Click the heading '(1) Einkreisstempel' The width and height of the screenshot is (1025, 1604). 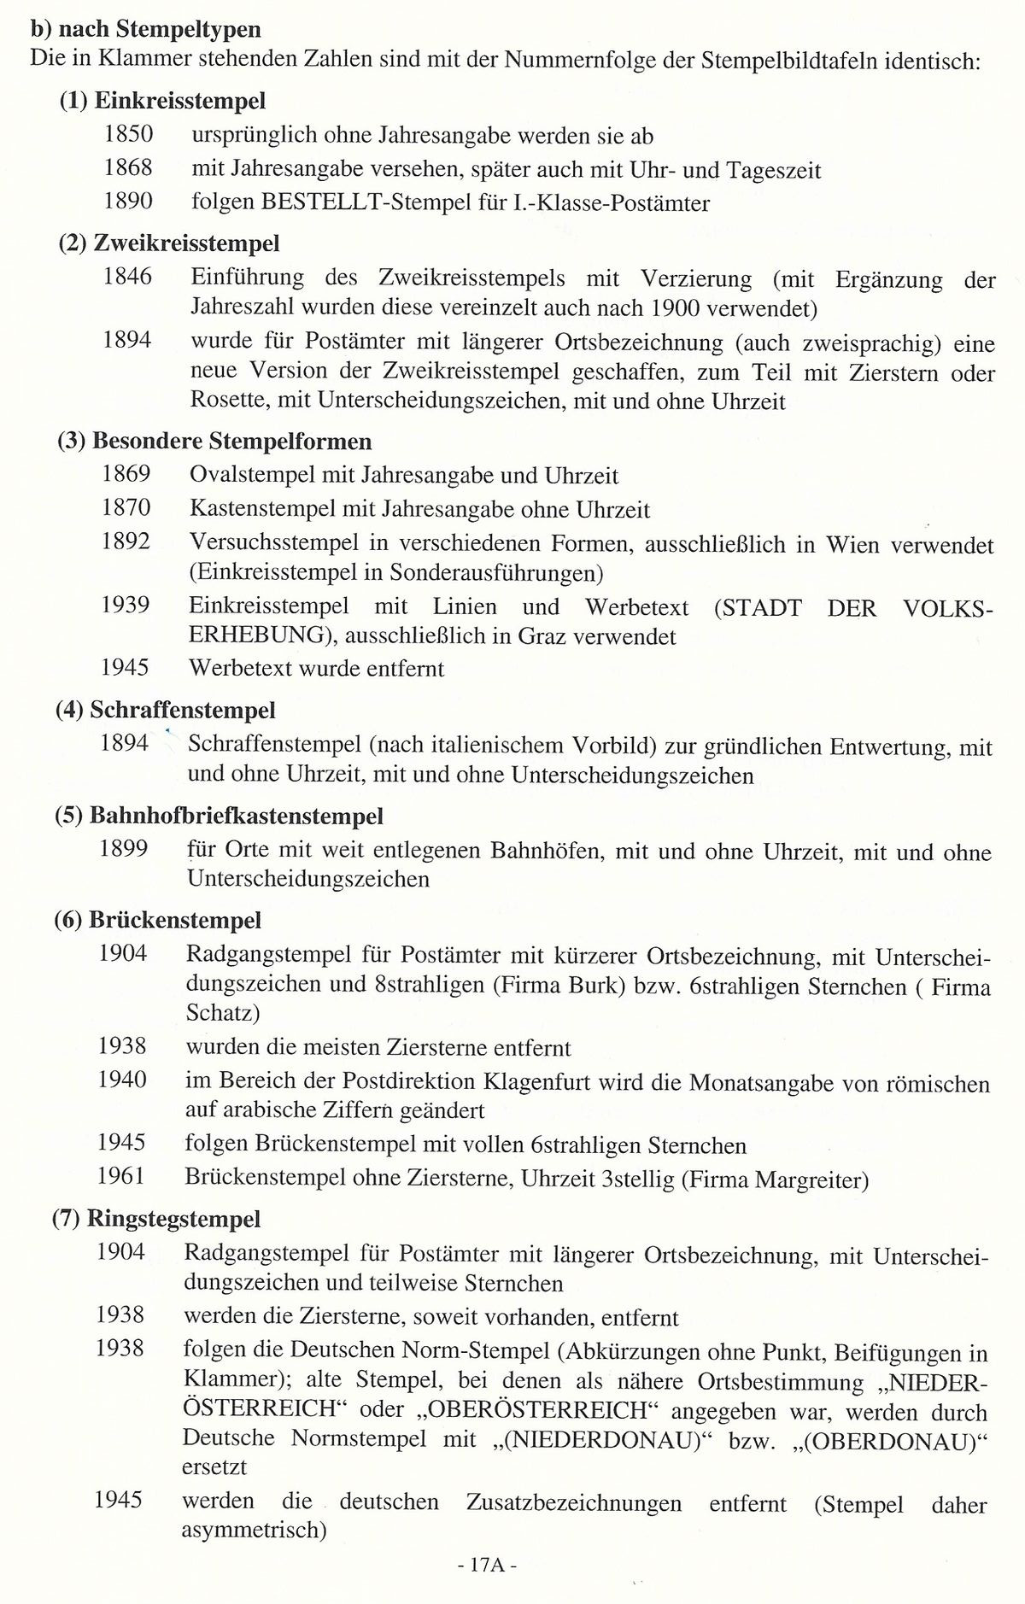tap(162, 101)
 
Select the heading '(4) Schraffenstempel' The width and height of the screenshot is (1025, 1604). tap(166, 710)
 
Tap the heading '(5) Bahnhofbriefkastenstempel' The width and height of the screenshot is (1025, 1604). tap(220, 816)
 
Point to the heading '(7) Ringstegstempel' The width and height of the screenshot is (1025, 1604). tap(156, 1218)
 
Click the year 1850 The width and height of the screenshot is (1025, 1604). tap(128, 134)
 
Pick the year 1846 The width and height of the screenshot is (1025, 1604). tap(127, 277)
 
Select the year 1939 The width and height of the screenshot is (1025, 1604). tap(126, 606)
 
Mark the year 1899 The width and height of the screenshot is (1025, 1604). tap(124, 849)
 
